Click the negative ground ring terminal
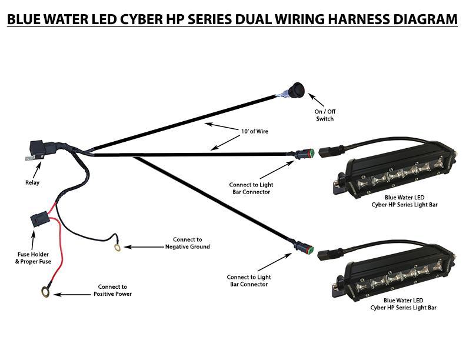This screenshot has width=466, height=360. [118, 248]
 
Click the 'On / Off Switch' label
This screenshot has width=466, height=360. [325, 115]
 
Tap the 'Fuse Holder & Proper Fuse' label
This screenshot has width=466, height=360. [31, 257]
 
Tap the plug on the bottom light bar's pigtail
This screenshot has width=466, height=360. [327, 255]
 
